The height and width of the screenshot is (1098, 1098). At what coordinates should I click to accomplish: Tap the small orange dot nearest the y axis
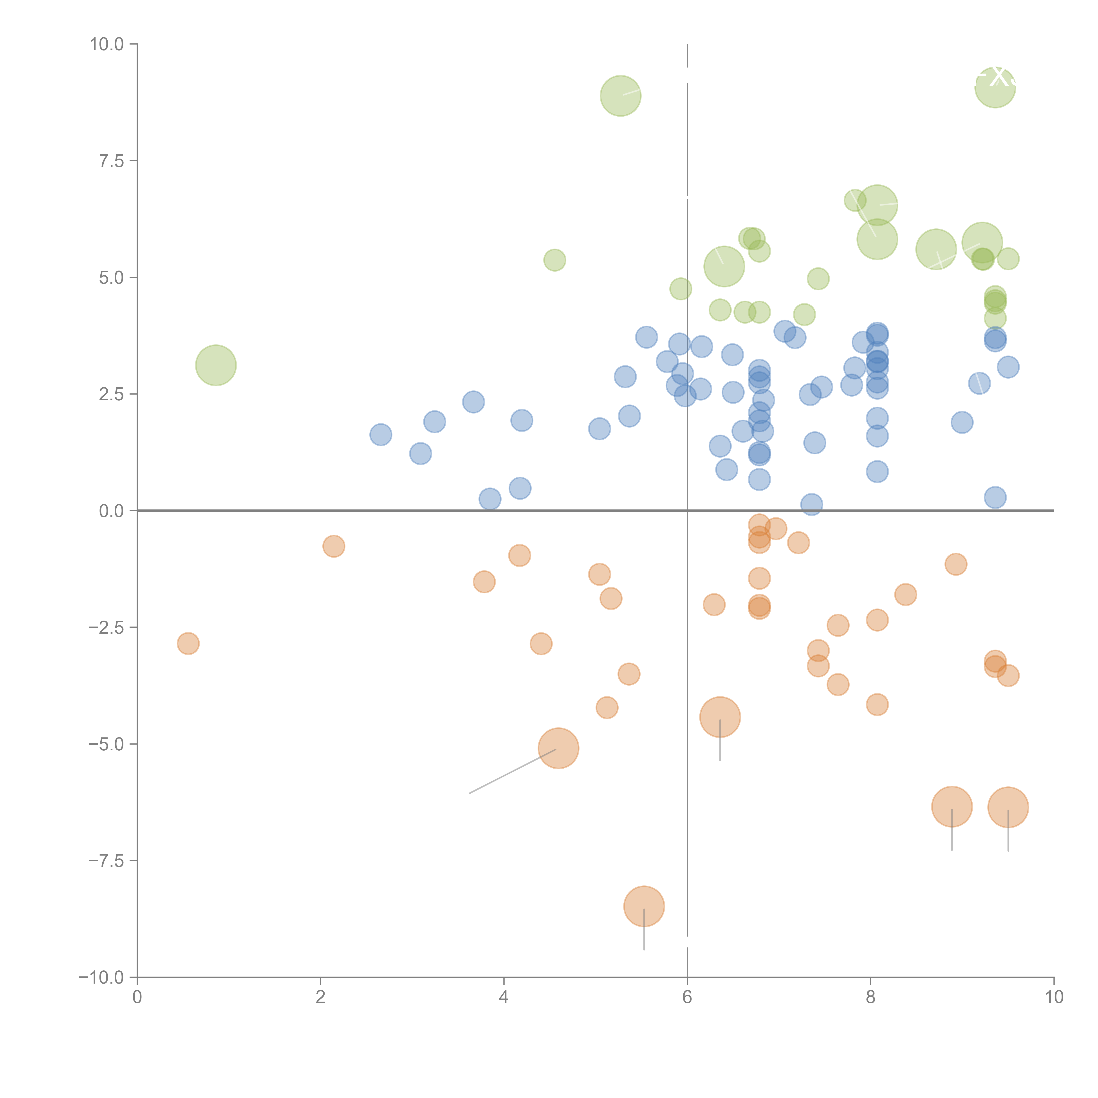coord(188,643)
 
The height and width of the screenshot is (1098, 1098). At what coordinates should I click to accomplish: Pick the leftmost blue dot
coord(381,435)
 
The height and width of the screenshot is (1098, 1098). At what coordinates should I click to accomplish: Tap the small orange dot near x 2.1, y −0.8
coord(334,546)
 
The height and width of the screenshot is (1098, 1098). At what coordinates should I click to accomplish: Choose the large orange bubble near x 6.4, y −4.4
coord(720,717)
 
